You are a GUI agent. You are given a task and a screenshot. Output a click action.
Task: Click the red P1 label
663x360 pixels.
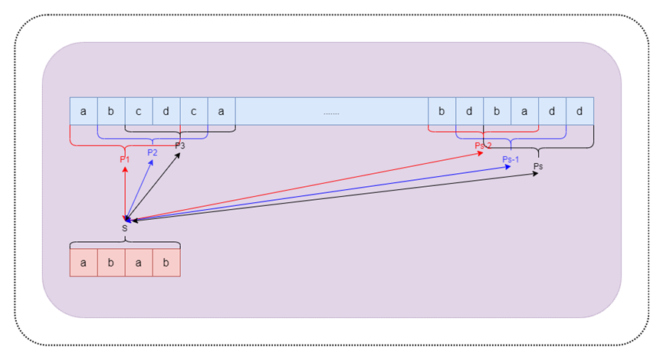click(124, 159)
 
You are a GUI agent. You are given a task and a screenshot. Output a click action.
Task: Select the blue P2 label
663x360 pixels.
click(153, 152)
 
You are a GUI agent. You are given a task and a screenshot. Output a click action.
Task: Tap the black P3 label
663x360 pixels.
click(180, 146)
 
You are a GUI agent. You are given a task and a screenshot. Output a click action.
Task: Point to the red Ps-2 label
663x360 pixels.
click(483, 146)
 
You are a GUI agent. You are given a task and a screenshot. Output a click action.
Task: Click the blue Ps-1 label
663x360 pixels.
click(510, 159)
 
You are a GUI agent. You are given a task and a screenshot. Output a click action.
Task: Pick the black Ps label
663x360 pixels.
click(538, 166)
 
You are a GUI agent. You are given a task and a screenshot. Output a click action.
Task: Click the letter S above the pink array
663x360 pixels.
click(124, 228)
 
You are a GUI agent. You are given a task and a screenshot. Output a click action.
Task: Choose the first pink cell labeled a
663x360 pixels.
click(84, 262)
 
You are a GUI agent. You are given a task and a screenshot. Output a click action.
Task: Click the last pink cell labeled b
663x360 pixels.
click(166, 262)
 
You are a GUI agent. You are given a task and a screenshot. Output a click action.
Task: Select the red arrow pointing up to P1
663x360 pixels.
click(124, 191)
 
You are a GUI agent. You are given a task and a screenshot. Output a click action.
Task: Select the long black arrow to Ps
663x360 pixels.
click(337, 198)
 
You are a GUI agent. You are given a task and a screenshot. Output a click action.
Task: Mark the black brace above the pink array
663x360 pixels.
click(125, 243)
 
